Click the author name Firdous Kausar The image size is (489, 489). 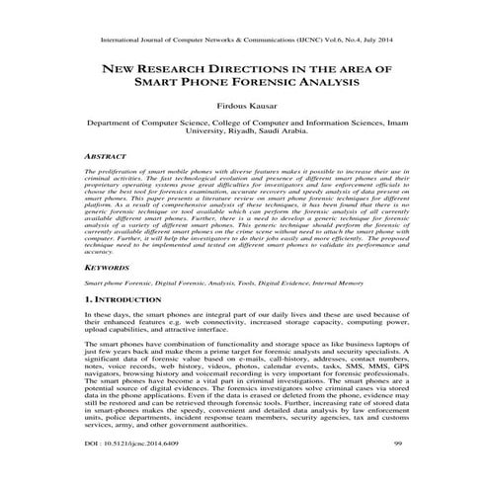(x=243, y=103)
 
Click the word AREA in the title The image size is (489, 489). (x=344, y=70)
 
